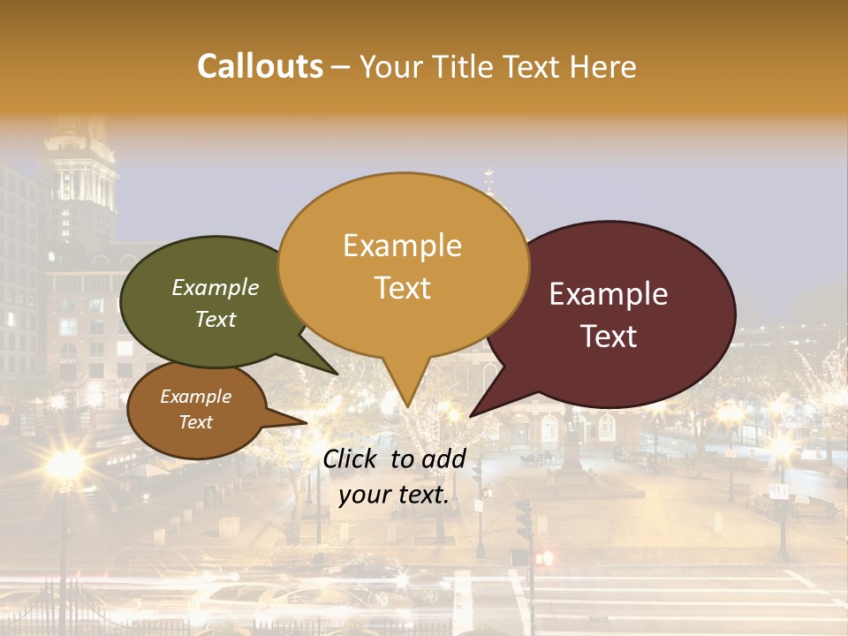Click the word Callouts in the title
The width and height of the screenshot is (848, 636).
point(260,66)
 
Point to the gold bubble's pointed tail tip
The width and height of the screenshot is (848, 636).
point(405,406)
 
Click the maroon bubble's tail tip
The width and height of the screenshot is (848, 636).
point(470,416)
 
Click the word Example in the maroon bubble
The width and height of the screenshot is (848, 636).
point(609,294)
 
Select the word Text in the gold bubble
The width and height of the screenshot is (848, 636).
point(403,288)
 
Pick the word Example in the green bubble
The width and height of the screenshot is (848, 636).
point(216,288)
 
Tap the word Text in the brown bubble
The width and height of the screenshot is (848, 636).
point(196,422)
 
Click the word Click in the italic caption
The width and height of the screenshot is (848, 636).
point(352,458)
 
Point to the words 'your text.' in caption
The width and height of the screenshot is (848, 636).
point(394,495)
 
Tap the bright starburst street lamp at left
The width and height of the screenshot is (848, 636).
point(64,463)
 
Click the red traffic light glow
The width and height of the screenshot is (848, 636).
point(542,557)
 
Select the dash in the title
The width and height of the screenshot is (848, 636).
point(342,66)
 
